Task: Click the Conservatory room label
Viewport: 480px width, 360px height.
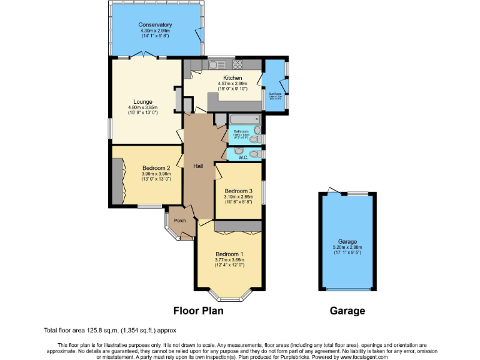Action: (156, 25)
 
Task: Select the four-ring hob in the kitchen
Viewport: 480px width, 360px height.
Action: (237, 64)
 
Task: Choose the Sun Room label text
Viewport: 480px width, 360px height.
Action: (275, 94)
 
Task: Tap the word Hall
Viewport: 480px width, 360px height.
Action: (198, 166)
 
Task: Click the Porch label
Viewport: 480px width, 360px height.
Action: (179, 220)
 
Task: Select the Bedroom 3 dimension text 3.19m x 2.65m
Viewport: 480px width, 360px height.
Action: (238, 197)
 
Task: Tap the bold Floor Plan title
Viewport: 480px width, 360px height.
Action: (197, 311)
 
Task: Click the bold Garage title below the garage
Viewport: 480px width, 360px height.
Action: (347, 311)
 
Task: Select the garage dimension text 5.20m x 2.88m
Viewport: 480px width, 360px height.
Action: (347, 247)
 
